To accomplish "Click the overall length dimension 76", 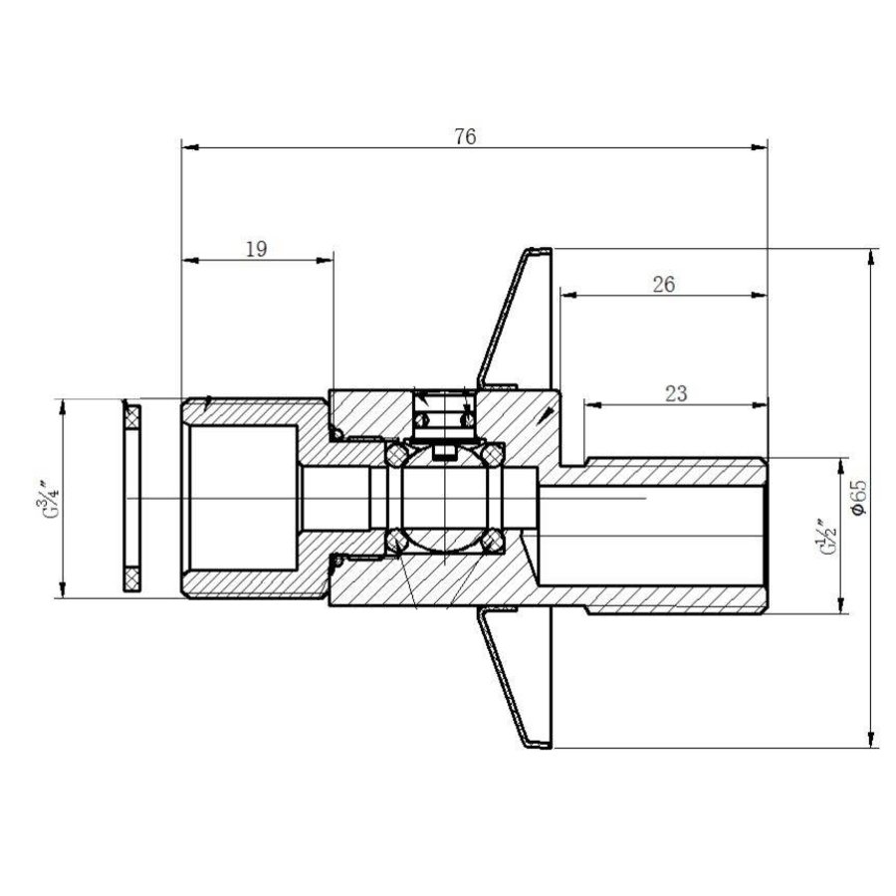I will coord(464,136).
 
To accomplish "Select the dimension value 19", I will coord(256,249).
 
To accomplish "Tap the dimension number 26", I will coord(664,284).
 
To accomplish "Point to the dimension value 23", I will coord(675,393).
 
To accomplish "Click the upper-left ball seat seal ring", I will coord(395,454).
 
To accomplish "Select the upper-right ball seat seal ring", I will coord(490,454).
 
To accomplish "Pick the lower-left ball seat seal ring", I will coord(395,541).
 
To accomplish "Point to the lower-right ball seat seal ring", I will coord(490,541).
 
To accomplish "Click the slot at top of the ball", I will coord(442,453).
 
